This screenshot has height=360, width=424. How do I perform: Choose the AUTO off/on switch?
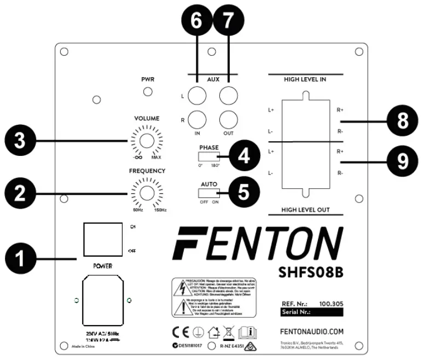pyautogui.click(x=208, y=193)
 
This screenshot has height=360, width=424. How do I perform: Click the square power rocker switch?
pyautogui.click(x=102, y=240)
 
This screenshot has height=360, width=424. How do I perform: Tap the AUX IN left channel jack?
pyautogui.click(x=197, y=96)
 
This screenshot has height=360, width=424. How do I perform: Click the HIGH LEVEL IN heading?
pyautogui.click(x=305, y=79)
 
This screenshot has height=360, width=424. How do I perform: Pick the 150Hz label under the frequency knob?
pyautogui.click(x=160, y=211)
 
